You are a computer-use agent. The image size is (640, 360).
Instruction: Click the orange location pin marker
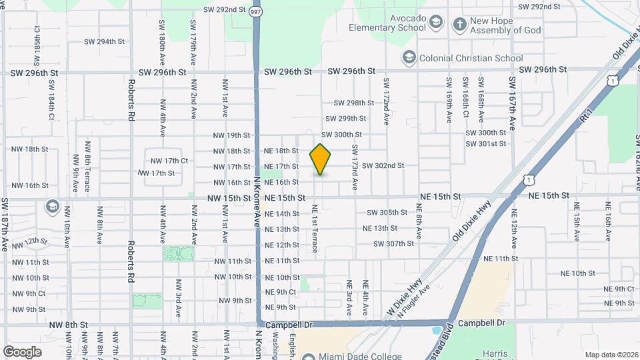click(321, 159)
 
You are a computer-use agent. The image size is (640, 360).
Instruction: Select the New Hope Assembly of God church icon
click(459, 25)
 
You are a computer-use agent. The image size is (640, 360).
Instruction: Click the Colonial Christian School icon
click(409, 58)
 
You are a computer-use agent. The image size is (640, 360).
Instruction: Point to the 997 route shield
click(256, 12)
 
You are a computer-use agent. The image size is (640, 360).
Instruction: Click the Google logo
click(22, 351)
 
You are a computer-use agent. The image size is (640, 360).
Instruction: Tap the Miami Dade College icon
click(306, 356)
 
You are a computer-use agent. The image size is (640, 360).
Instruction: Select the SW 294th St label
click(104, 41)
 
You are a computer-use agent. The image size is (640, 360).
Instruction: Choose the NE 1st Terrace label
click(315, 228)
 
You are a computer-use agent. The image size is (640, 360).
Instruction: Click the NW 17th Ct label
click(169, 161)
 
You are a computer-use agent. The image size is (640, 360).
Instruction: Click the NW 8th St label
click(69, 325)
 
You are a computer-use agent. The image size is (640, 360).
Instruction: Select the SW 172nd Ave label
click(386, 101)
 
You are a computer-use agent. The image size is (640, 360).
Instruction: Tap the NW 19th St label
click(231, 135)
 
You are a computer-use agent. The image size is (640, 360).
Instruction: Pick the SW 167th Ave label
click(513, 103)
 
